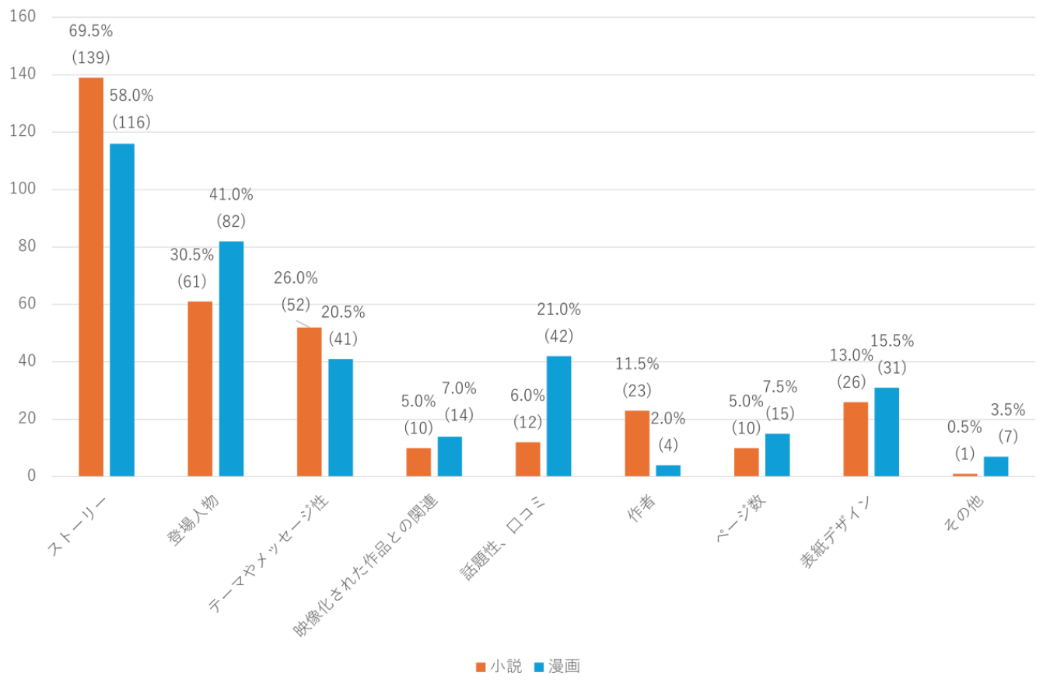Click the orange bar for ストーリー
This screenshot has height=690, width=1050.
tap(91, 276)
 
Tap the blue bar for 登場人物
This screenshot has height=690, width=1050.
tap(232, 358)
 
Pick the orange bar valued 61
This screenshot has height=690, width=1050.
tap(201, 389)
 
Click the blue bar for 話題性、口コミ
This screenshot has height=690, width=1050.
tap(558, 416)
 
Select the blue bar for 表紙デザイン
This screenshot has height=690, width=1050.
tap(887, 431)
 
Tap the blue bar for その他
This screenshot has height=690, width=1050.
tap(996, 466)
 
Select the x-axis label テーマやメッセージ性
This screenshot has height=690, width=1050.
tap(269, 552)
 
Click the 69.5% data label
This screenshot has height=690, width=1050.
tap(91, 31)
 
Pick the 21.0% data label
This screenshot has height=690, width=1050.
tap(558, 310)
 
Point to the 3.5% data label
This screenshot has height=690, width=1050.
tap(1007, 409)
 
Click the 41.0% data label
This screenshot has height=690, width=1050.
tap(231, 195)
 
